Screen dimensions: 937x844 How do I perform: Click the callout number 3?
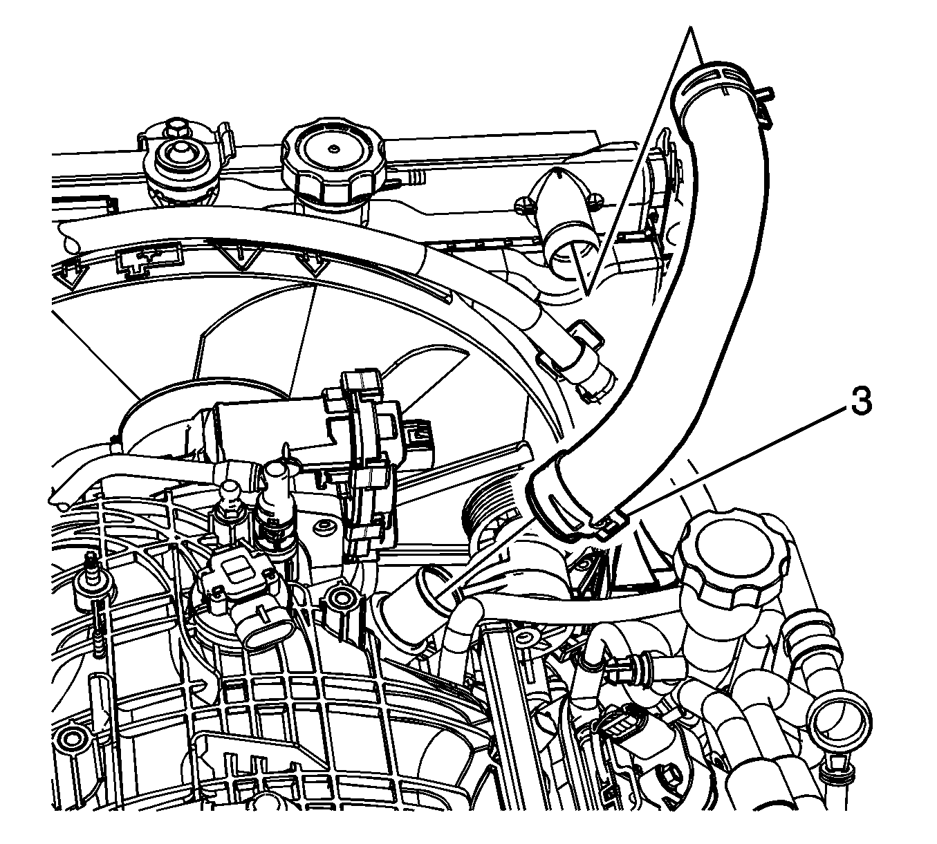click(860, 402)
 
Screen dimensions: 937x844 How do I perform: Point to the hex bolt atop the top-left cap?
click(176, 129)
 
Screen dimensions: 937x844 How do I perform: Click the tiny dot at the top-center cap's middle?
click(333, 149)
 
